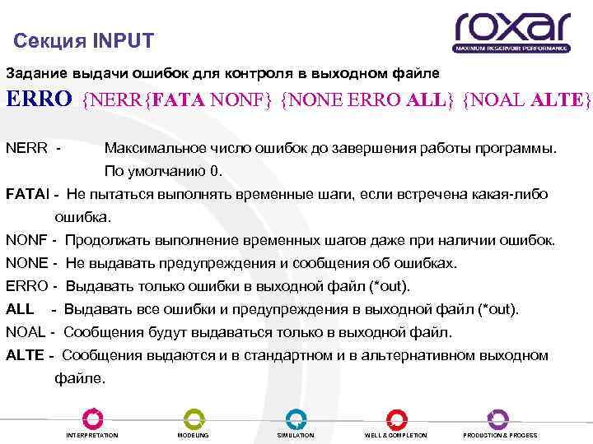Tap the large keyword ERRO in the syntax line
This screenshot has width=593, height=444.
[x=40, y=99]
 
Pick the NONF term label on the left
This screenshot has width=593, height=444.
[x=26, y=241]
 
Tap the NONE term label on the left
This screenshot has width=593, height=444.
[x=26, y=264]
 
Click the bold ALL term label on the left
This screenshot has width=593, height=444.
[x=20, y=310]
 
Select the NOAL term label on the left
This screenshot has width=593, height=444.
[x=26, y=333]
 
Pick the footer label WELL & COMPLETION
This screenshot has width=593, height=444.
[x=396, y=435]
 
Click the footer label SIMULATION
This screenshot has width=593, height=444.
[x=296, y=435]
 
